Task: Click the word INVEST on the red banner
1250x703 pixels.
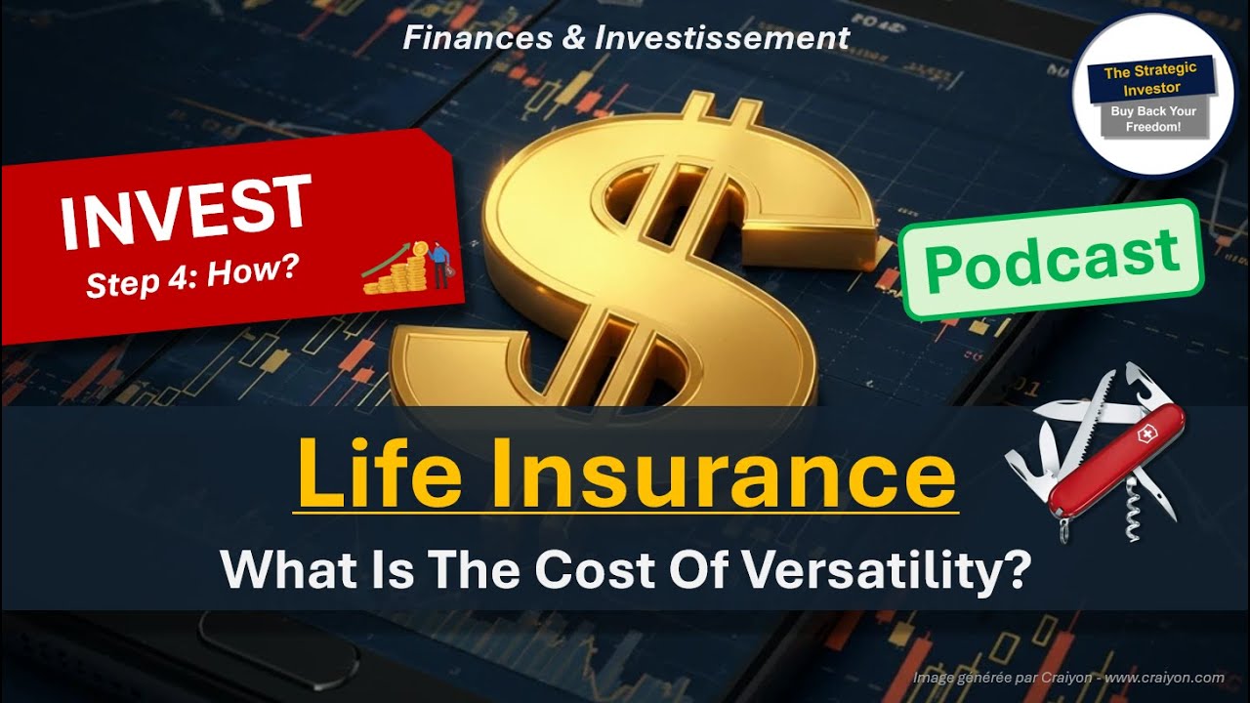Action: point(185,210)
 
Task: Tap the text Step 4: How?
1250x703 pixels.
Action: point(191,277)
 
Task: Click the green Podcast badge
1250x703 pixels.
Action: point(1050,260)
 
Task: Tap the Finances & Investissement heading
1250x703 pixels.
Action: point(626,38)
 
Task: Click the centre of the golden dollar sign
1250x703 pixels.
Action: point(625,254)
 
